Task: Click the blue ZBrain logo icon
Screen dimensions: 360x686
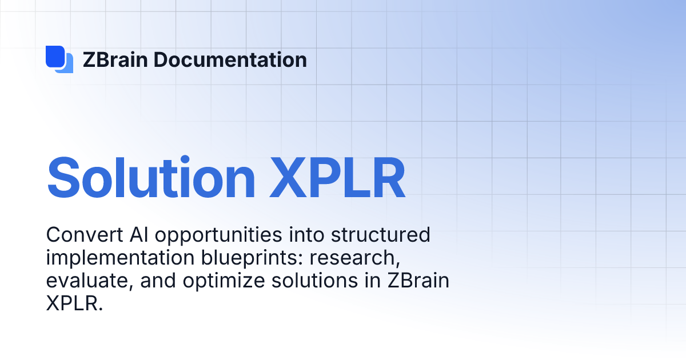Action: (x=59, y=59)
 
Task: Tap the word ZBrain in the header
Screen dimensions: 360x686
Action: (x=116, y=59)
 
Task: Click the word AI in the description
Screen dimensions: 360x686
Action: (x=130, y=235)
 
